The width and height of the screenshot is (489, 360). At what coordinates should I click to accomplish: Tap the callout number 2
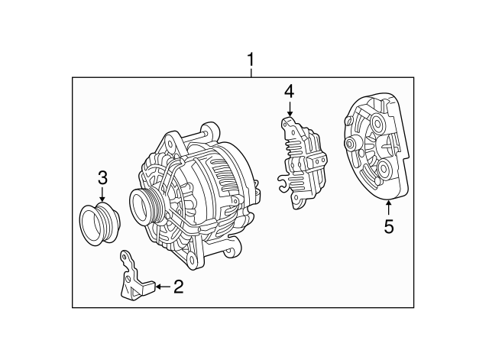[178, 286]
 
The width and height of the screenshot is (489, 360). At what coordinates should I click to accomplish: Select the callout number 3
[102, 178]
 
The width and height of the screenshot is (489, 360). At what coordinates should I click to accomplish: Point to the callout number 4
[289, 92]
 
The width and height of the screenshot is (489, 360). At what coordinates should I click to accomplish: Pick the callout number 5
[389, 226]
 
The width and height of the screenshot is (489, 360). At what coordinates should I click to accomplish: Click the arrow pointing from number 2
[163, 286]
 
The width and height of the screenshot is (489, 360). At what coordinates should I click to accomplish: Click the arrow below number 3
[102, 194]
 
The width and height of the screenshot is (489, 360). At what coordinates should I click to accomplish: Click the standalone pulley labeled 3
[100, 223]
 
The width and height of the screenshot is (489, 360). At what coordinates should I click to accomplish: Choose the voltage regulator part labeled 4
[302, 162]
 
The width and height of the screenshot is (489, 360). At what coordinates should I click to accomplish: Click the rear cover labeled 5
[377, 148]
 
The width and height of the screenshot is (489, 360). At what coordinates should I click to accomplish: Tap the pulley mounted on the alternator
[146, 205]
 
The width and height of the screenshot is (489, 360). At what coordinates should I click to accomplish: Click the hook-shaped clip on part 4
[283, 183]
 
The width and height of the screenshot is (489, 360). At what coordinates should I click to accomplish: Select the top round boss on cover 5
[377, 124]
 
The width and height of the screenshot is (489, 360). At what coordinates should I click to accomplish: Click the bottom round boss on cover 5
[383, 169]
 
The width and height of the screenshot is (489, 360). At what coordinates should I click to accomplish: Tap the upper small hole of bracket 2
[124, 257]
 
